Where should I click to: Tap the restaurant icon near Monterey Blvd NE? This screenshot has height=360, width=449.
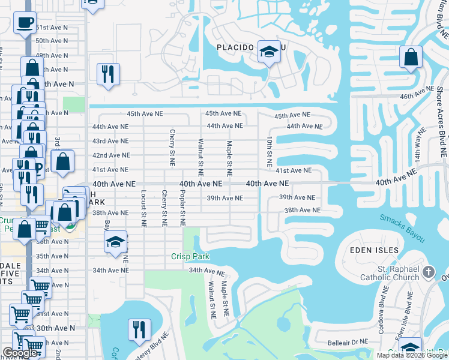[137, 330]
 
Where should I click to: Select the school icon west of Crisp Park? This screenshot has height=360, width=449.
[115, 242]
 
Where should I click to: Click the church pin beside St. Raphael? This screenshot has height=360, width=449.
[428, 272]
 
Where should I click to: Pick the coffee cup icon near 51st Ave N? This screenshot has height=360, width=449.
[25, 23]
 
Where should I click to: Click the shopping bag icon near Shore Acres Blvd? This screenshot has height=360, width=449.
[411, 58]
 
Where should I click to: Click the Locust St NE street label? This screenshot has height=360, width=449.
[143, 209]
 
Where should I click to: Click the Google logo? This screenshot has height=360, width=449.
[21, 353]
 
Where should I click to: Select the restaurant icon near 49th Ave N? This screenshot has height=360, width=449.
[108, 74]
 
